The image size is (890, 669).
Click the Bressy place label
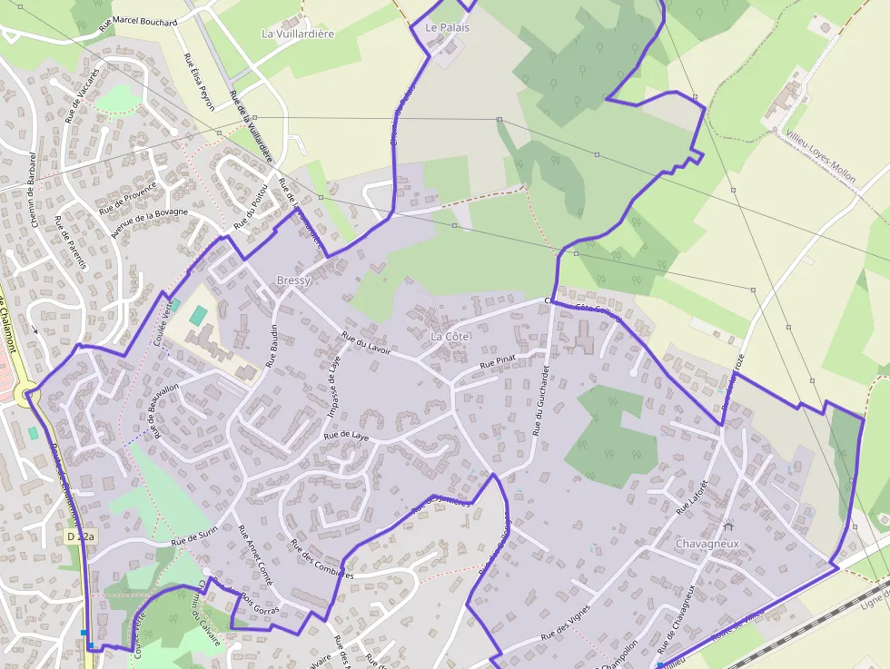[293, 280]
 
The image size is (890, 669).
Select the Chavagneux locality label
[707, 544]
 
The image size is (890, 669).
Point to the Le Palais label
[448, 28]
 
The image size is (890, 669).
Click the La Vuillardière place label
[298, 34]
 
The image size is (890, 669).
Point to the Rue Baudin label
[271, 346]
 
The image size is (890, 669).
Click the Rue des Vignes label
[565, 624]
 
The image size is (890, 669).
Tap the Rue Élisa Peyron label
[199, 82]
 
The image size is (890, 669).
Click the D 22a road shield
[81, 537]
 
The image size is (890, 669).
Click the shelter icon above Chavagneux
[727, 526]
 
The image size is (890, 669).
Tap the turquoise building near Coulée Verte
[198, 317]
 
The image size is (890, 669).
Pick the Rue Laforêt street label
[691, 497]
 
